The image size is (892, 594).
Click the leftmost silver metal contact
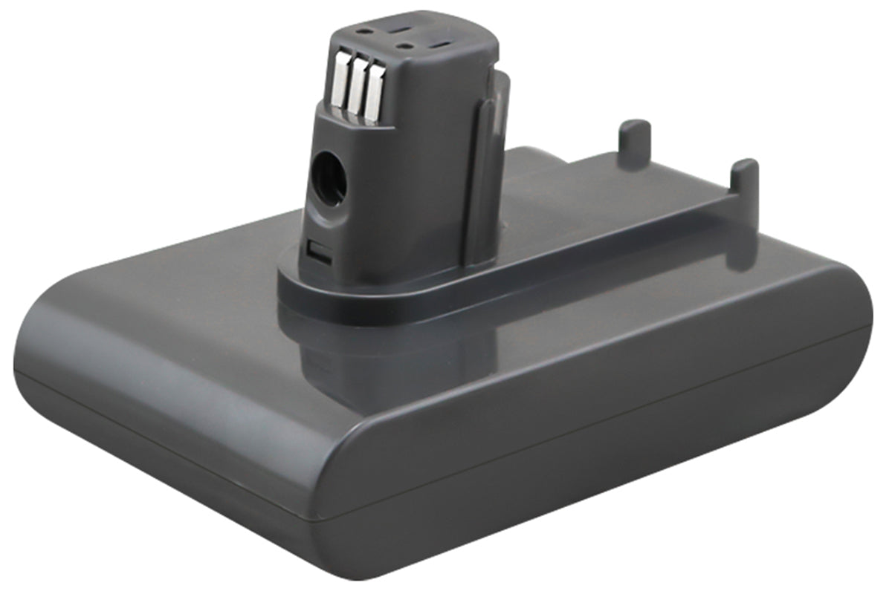pos(340,83)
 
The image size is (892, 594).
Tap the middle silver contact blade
pos(357,88)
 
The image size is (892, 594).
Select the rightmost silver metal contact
pos(373,94)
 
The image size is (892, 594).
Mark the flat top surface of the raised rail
pos(610,178)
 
